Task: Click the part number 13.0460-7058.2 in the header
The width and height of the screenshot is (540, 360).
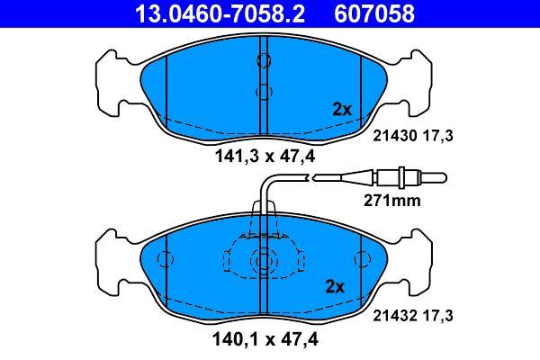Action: [x=220, y=14]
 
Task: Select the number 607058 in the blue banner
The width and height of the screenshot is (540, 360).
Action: [x=374, y=14]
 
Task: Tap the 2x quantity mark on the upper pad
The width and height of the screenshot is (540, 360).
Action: [x=342, y=110]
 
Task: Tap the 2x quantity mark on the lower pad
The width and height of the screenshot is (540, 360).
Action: [x=335, y=286]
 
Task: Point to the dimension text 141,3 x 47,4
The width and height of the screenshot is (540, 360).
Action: [x=265, y=157]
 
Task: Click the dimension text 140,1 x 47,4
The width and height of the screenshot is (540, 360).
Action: [x=265, y=339]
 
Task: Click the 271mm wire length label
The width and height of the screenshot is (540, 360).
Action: [x=392, y=201]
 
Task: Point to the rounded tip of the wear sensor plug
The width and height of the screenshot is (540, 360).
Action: [x=445, y=178]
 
